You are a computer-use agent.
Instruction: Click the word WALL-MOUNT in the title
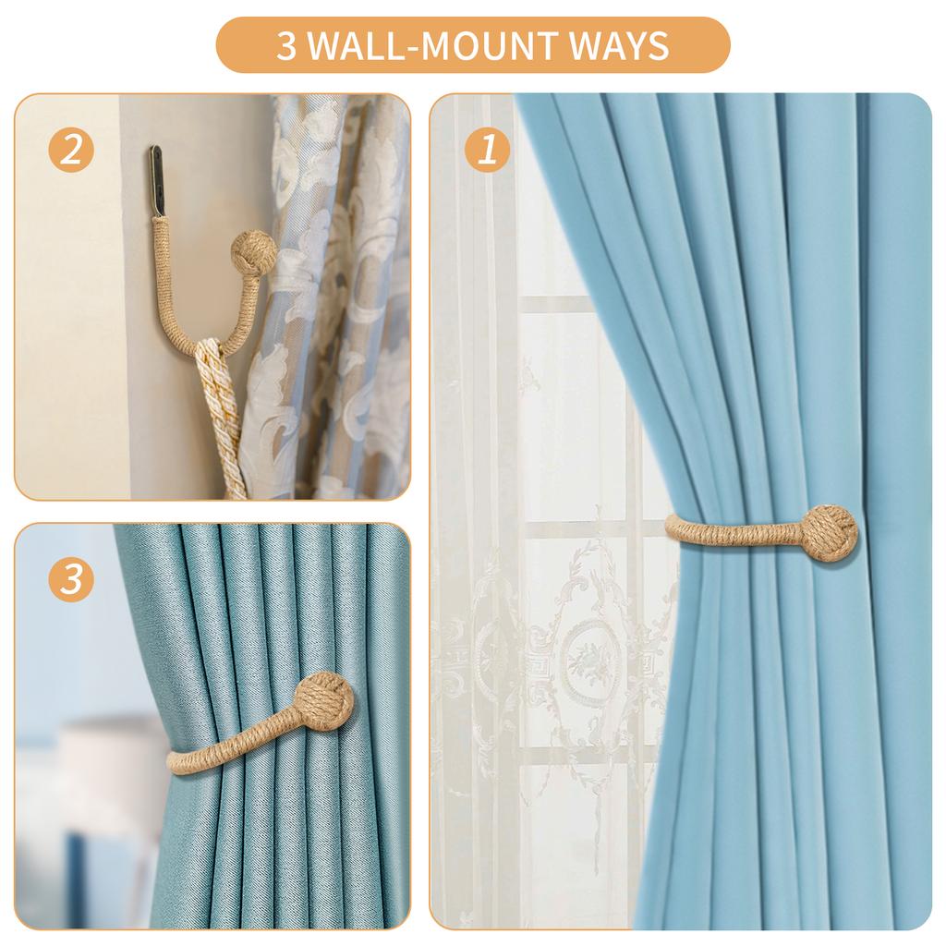pyautogui.click(x=434, y=45)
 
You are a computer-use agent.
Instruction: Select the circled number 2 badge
pyautogui.click(x=71, y=150)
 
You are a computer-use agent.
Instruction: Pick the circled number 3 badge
pyautogui.click(x=71, y=579)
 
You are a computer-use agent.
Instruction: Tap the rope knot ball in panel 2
pyautogui.click(x=249, y=251)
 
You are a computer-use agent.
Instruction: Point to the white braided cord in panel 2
pyautogui.click(x=220, y=416)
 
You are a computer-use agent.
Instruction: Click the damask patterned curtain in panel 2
pyautogui.click(x=342, y=305)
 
